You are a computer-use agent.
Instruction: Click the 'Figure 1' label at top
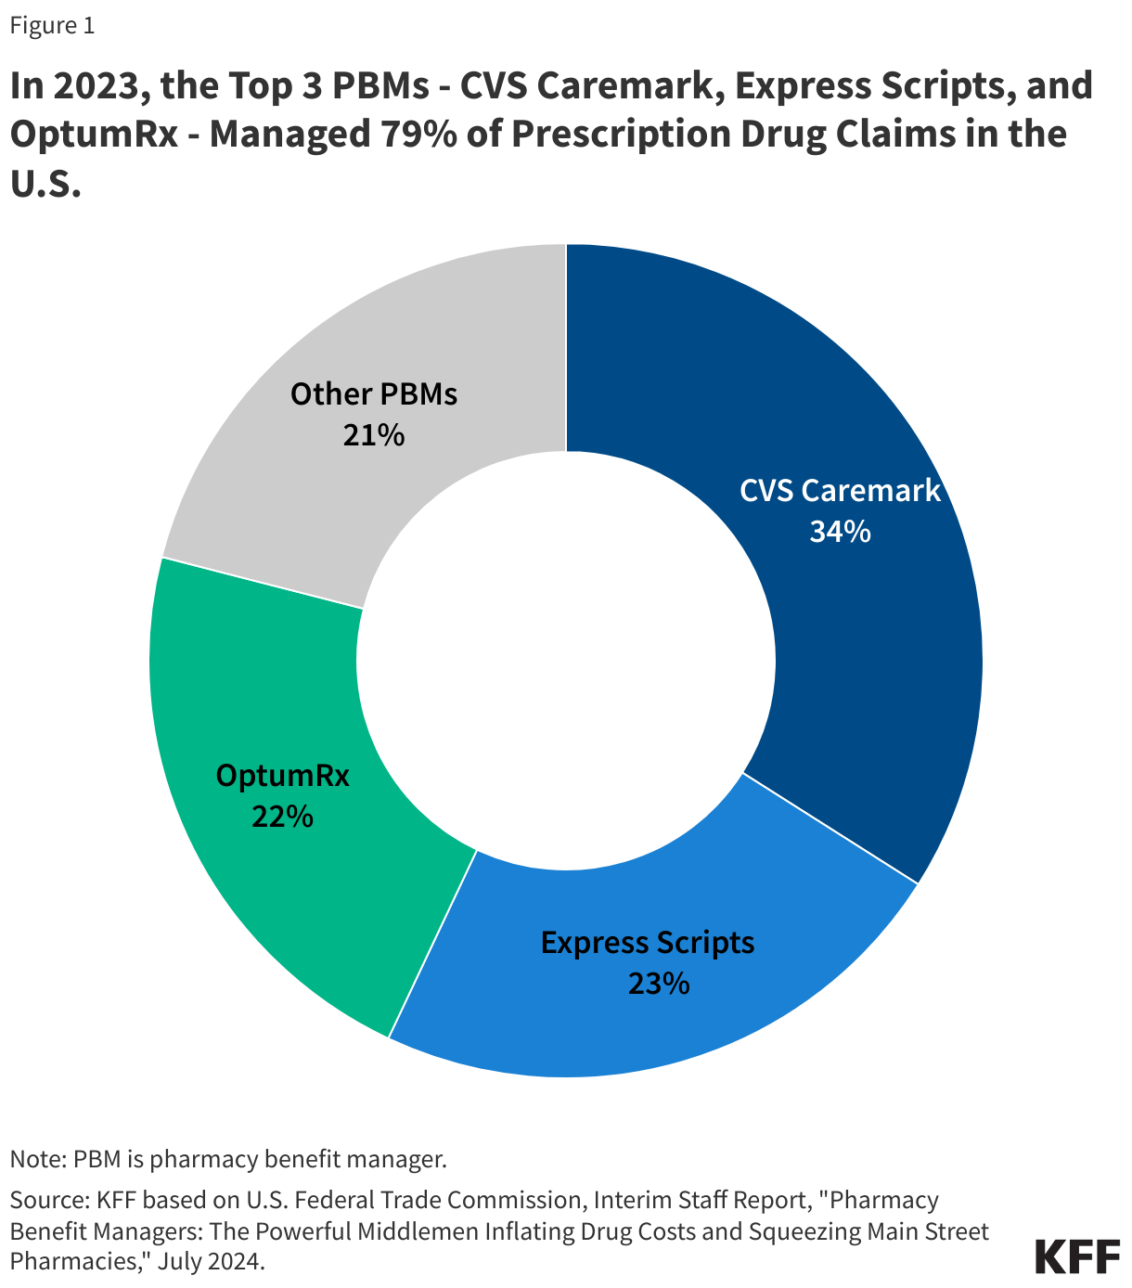pos(52,26)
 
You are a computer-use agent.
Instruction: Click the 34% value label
pos(840,532)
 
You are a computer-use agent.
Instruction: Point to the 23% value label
pos(658,984)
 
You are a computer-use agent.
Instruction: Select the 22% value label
pos(282,817)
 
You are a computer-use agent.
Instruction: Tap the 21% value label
pos(373,435)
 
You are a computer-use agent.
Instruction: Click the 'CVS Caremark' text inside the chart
pos(840,491)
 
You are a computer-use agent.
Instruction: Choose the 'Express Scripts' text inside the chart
pos(648,943)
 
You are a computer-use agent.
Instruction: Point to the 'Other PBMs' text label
pos(373,394)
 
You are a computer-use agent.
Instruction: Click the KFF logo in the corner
pos(1076,1256)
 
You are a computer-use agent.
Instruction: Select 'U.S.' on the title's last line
pos(46,183)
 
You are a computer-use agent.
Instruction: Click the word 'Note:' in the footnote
pos(38,1159)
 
